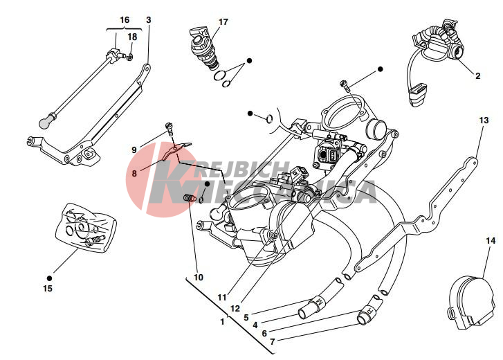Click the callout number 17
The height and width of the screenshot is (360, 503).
(223, 22)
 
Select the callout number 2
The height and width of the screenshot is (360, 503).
(477, 75)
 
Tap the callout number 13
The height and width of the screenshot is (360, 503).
(483, 120)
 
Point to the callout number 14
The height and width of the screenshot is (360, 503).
(491, 241)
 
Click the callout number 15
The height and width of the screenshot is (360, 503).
(48, 288)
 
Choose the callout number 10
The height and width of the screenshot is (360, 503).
(199, 277)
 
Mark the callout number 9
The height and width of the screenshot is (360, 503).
(134, 150)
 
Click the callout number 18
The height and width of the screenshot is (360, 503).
(132, 37)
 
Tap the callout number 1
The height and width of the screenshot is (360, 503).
(222, 321)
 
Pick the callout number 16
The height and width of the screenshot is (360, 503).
(125, 20)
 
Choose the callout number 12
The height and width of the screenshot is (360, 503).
(235, 308)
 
